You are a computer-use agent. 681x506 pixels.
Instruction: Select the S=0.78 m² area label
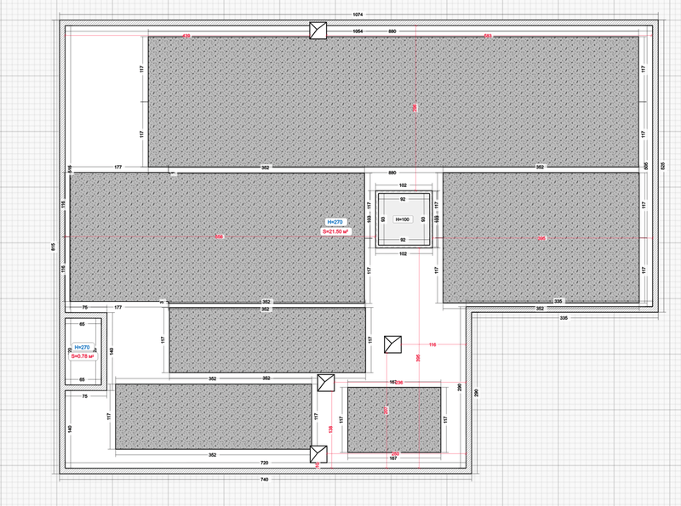(83, 356)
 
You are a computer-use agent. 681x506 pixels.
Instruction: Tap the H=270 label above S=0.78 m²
(83, 347)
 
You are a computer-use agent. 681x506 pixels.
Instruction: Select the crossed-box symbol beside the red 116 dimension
(392, 344)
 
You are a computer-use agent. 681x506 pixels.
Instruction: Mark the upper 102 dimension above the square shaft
(403, 185)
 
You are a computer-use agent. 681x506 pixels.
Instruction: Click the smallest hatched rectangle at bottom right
(393, 419)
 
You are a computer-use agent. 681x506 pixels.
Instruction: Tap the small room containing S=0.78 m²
(83, 351)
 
